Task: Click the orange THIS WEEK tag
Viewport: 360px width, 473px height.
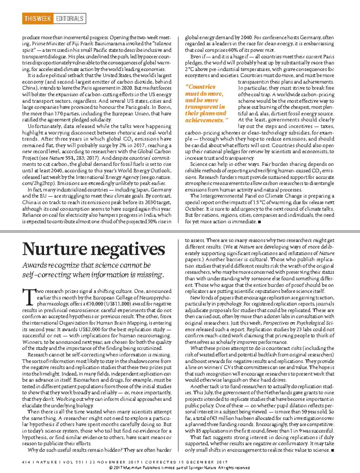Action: point(37,19)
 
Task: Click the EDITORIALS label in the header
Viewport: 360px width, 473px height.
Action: point(70,19)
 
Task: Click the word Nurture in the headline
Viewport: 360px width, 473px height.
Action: point(54,249)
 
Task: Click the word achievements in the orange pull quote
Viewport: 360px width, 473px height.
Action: point(205,120)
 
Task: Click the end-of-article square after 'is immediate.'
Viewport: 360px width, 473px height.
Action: point(259,222)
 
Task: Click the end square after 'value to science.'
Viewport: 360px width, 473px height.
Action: point(332,450)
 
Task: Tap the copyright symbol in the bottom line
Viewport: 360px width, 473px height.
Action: point(111,468)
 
